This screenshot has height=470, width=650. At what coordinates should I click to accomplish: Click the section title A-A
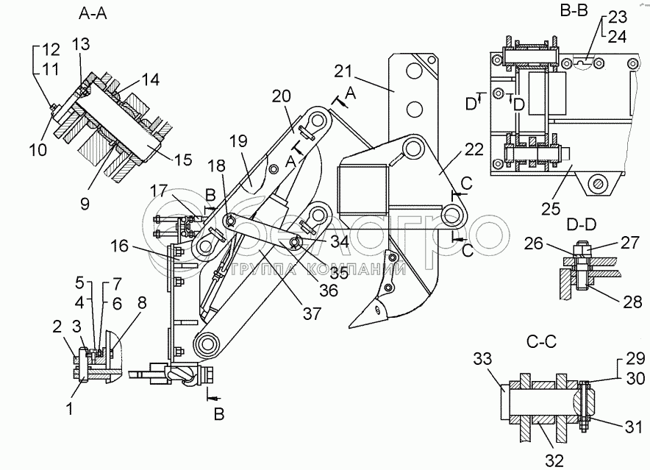coord(93,14)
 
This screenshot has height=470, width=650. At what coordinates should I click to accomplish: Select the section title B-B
coord(574,10)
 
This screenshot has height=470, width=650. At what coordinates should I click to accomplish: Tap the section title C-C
coord(541,342)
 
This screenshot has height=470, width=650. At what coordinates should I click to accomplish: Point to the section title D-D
coord(581,224)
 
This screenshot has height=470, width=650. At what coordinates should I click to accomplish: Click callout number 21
coord(343,72)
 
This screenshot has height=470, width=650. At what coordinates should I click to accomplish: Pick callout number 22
coord(474,149)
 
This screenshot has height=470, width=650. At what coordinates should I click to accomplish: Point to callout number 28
coord(632,302)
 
